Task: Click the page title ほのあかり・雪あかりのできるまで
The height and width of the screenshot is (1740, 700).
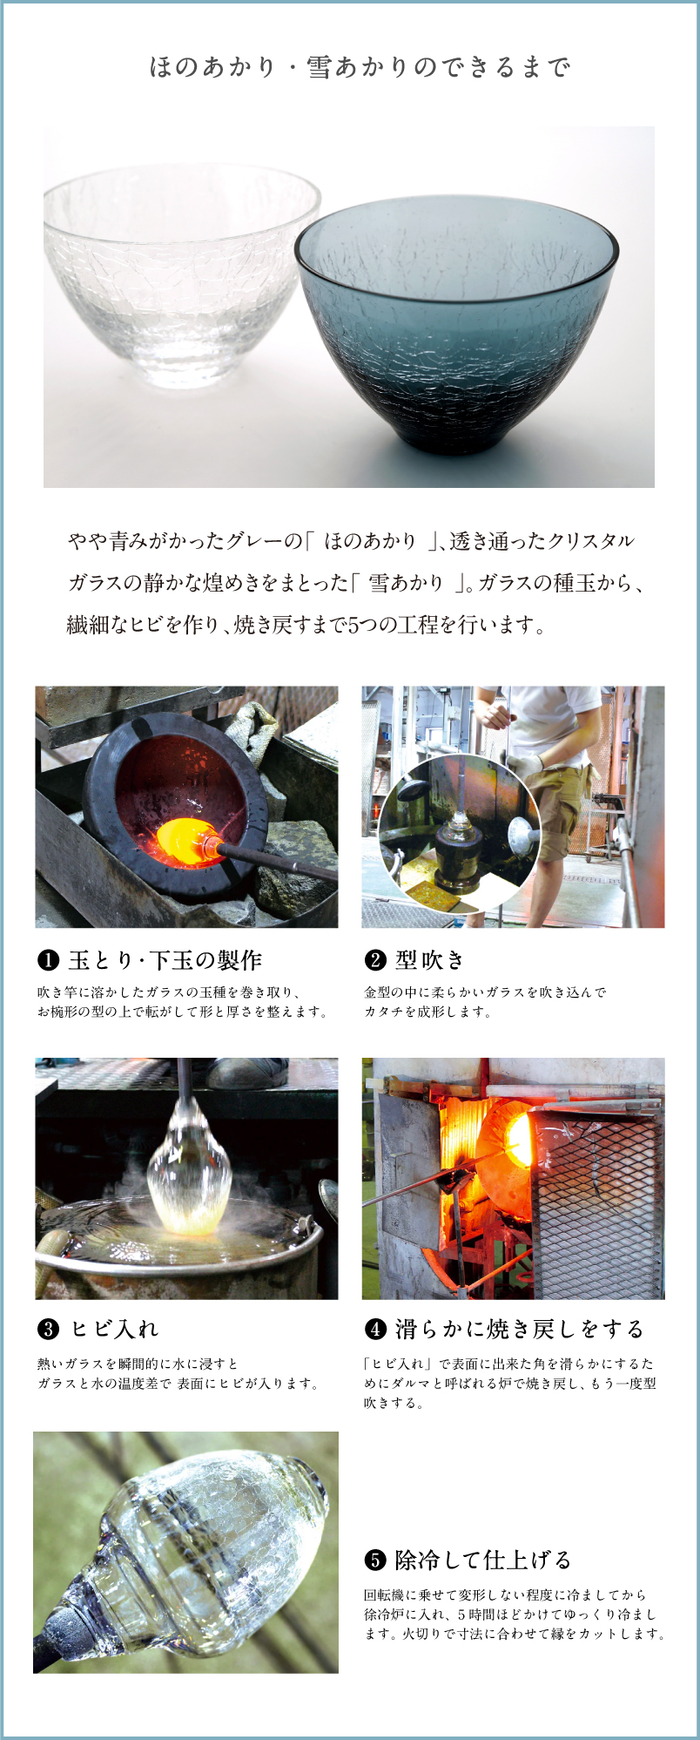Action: (360, 67)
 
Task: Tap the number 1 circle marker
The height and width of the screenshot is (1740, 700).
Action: (48, 961)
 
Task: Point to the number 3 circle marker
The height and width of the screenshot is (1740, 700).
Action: (48, 1330)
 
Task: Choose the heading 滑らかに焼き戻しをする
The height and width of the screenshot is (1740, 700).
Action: (519, 1329)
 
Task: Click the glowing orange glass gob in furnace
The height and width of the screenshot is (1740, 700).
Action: (179, 841)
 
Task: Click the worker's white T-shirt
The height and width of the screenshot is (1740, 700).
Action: (557, 723)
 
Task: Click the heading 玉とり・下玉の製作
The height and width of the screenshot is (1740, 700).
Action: (165, 960)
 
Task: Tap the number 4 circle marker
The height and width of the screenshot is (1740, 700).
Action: (374, 1330)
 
